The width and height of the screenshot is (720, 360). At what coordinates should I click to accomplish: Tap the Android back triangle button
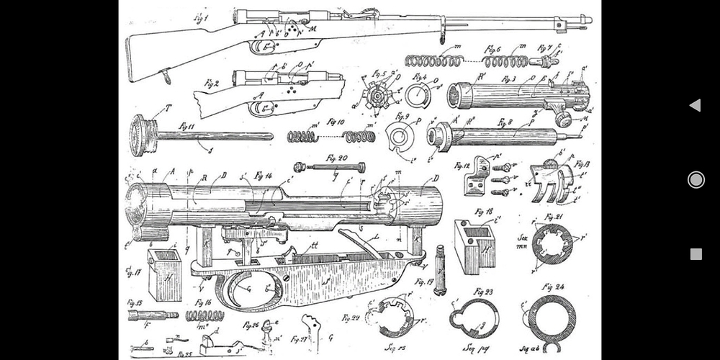point(695,106)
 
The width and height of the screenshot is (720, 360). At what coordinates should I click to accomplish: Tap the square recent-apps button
point(696,253)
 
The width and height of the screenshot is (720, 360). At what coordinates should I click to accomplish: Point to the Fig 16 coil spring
point(204,315)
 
